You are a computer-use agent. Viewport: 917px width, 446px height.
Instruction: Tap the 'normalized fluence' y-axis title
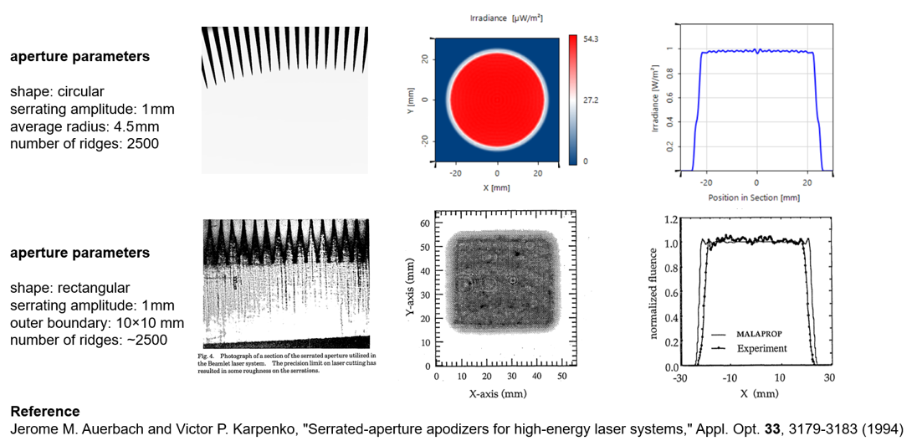655,292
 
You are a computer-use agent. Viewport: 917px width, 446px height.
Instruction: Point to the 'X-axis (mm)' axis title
499,392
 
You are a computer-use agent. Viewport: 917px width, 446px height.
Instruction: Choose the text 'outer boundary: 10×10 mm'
97,322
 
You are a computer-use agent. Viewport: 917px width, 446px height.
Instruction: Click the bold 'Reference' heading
45,412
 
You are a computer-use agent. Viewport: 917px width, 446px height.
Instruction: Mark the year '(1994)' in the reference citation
885,429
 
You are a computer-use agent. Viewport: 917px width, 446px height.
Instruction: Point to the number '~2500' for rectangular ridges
149,340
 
